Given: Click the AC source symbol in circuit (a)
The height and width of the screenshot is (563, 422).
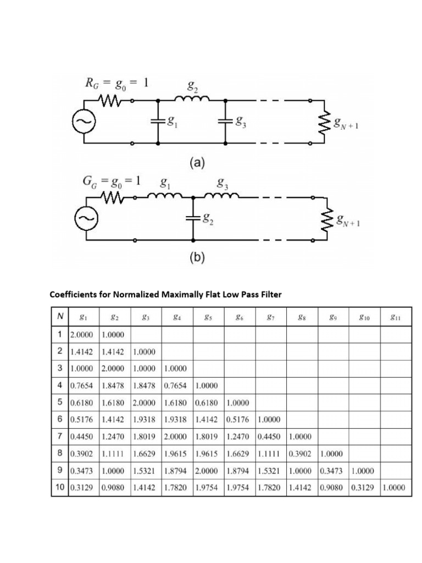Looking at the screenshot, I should tap(87, 122).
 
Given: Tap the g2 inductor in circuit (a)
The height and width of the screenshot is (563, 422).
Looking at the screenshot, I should tap(192, 100).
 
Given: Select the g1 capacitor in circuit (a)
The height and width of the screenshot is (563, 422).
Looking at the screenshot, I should tap(159, 122).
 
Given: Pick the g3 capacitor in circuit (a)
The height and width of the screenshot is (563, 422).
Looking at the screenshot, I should tap(225, 122).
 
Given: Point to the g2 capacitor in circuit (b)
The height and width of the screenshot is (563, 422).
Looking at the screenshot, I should tap(193, 218).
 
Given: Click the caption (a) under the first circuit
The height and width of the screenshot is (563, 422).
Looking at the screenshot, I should tap(197, 163).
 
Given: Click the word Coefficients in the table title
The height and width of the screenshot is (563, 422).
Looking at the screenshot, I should tap(75, 295).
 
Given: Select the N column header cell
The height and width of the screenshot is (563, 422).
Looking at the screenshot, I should tap(59, 317).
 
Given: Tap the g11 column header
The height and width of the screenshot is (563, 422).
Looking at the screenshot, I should tap(395, 317).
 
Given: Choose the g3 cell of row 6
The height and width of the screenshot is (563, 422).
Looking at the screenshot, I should tap(146, 421).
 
